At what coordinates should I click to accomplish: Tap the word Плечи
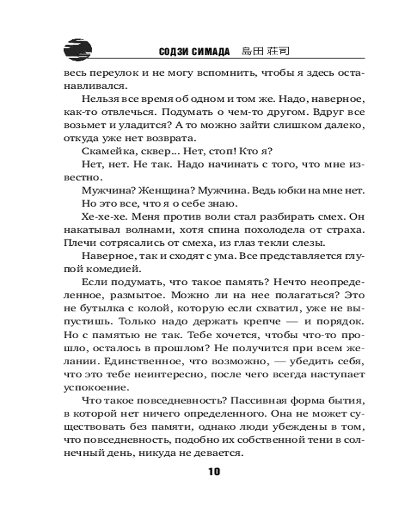[x=78, y=242]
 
